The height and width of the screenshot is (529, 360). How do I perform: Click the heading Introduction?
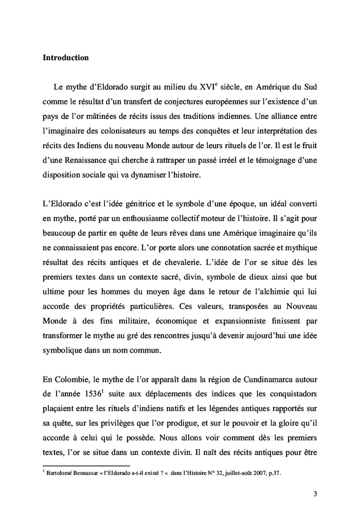[x=65, y=58]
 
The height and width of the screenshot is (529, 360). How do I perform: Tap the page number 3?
[x=315, y=495]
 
